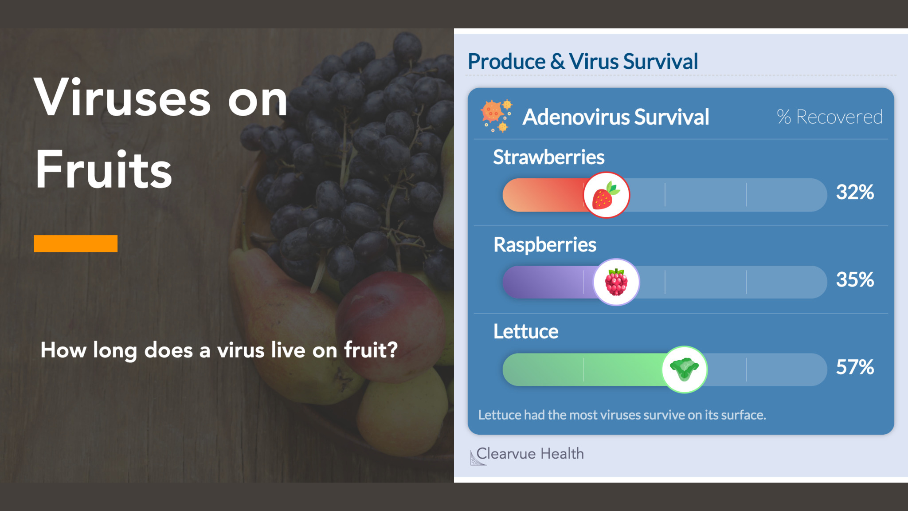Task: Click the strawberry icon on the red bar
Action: tap(606, 195)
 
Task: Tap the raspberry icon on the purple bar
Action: tap(616, 282)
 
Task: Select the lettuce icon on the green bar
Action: tap(685, 369)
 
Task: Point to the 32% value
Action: tap(855, 193)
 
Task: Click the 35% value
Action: tap(855, 280)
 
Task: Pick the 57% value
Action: tap(855, 367)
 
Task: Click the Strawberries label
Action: tap(549, 157)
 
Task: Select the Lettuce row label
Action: tap(526, 332)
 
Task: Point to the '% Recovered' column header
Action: tap(830, 117)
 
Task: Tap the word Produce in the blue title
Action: tap(507, 62)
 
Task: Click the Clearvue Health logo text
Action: tap(530, 454)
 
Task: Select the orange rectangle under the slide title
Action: tap(75, 244)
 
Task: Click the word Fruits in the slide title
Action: tap(104, 169)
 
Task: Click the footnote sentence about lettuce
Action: tap(622, 415)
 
